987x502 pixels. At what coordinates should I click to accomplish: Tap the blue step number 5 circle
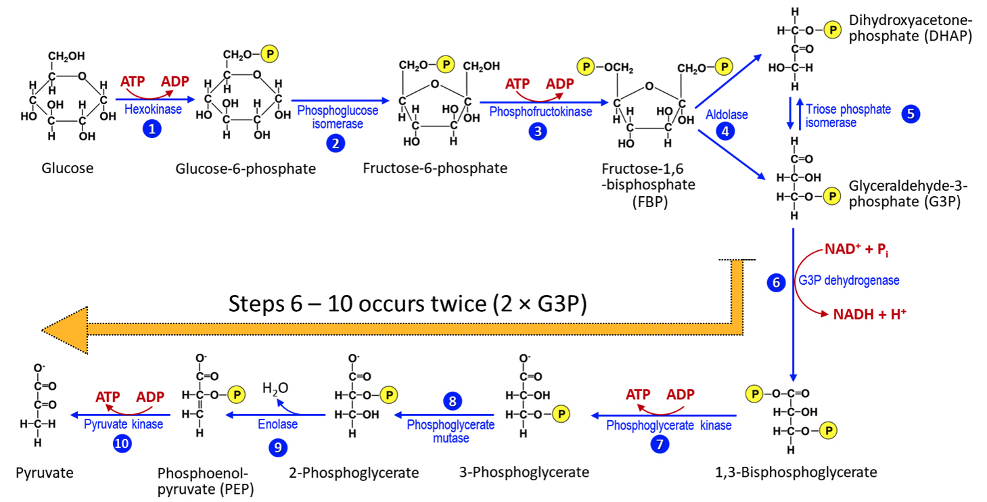click(x=911, y=114)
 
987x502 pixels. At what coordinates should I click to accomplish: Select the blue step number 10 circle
click(x=123, y=444)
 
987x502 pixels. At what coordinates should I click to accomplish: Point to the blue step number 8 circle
click(x=453, y=401)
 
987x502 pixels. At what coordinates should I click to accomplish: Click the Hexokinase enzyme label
click(x=153, y=109)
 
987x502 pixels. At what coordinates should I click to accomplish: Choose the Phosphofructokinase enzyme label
click(x=539, y=112)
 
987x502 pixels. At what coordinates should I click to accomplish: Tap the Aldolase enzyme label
click(x=727, y=114)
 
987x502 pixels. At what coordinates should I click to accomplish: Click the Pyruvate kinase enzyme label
click(x=124, y=424)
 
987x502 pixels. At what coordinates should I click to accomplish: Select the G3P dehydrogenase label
click(x=848, y=279)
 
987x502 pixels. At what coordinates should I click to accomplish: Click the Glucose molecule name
click(x=68, y=168)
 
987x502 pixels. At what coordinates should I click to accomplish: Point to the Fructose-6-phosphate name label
click(x=435, y=168)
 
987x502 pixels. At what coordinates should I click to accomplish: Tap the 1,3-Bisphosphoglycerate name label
click(x=796, y=472)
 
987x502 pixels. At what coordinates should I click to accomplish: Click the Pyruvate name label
click(x=45, y=472)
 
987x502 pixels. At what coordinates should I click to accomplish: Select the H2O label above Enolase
click(x=275, y=388)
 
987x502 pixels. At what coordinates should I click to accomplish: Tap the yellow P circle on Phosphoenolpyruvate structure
click(x=236, y=394)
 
